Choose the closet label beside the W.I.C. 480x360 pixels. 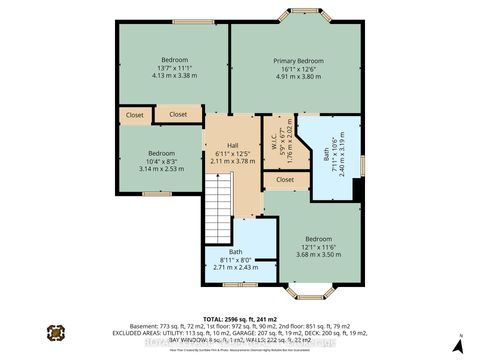(285, 180)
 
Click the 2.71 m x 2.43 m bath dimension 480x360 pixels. (235, 268)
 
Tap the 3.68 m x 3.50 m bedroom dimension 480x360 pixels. (319, 255)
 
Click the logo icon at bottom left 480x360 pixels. (57, 331)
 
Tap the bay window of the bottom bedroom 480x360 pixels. (304, 294)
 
